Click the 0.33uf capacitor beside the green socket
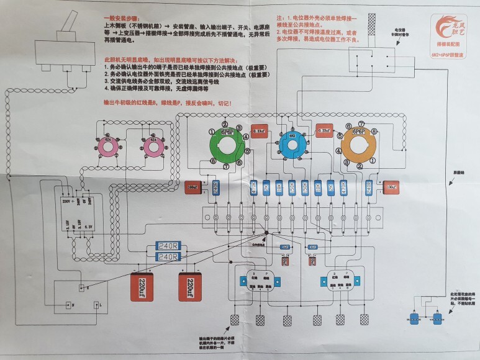(x=259, y=131)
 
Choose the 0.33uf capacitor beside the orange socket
(x=323, y=131)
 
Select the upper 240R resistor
(x=167, y=246)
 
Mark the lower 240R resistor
(x=167, y=256)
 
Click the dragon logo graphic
(x=448, y=26)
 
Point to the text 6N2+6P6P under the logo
(x=447, y=55)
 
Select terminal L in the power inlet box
(x=96, y=305)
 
